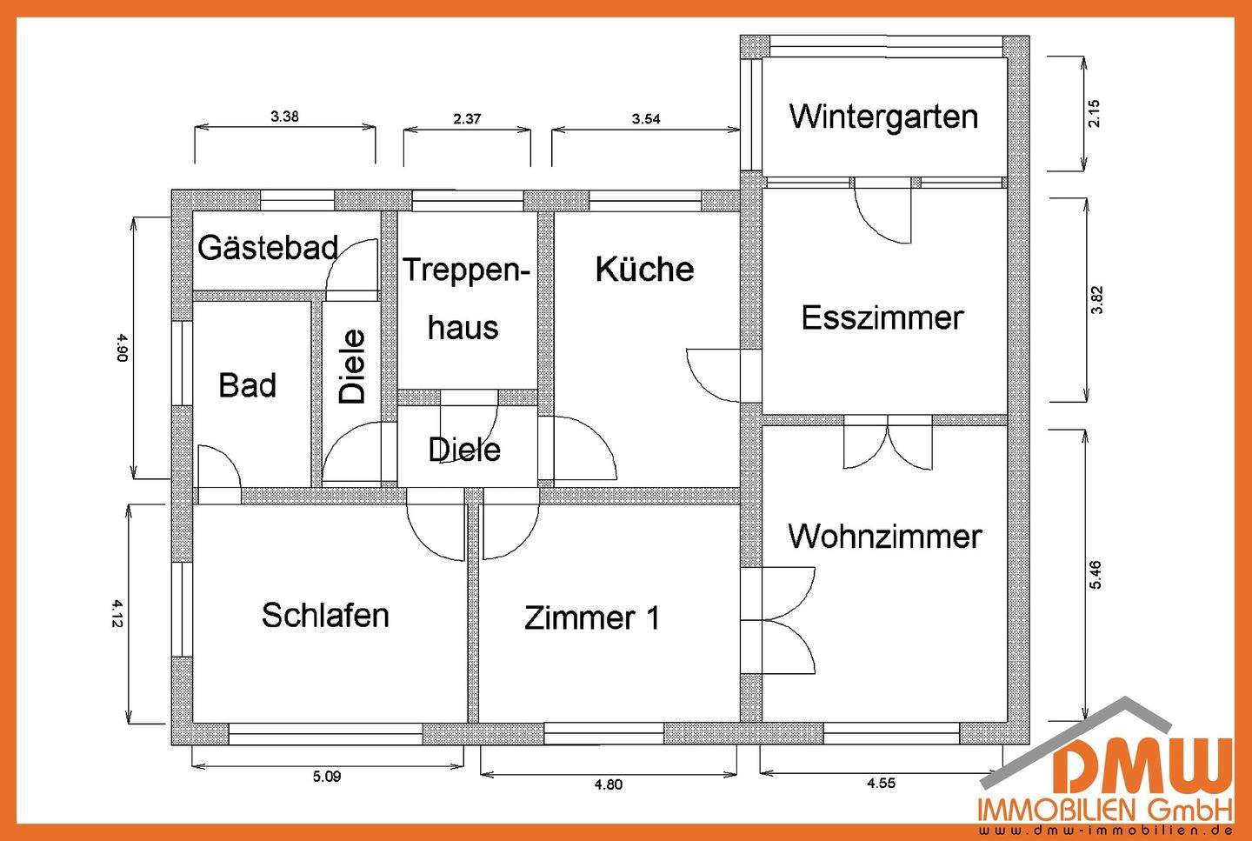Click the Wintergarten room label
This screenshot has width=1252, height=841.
pyautogui.click(x=883, y=117)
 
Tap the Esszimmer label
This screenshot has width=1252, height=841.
pyautogui.click(x=882, y=318)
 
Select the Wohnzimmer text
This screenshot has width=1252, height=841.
pyautogui.click(x=885, y=537)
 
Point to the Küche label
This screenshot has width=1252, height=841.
pyautogui.click(x=644, y=270)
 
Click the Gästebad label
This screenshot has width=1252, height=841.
pyautogui.click(x=268, y=249)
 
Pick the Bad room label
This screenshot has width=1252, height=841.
pyautogui.click(x=248, y=385)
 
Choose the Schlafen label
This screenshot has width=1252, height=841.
pyautogui.click(x=325, y=616)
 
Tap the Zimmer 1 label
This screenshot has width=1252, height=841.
pyautogui.click(x=592, y=618)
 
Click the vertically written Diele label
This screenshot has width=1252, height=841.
pyautogui.click(x=353, y=366)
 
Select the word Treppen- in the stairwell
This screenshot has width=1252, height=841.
pyautogui.click(x=466, y=270)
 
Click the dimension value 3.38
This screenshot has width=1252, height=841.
pyautogui.click(x=284, y=117)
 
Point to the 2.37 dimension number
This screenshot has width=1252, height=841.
pyautogui.click(x=467, y=119)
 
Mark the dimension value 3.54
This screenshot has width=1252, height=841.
pyautogui.click(x=646, y=119)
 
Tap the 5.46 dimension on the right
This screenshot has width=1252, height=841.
pyautogui.click(x=1095, y=575)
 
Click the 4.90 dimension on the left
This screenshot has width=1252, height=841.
pyautogui.click(x=123, y=347)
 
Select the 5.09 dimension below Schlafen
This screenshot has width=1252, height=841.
pyautogui.click(x=327, y=777)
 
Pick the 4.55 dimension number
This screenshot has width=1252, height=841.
pyautogui.click(x=881, y=783)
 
